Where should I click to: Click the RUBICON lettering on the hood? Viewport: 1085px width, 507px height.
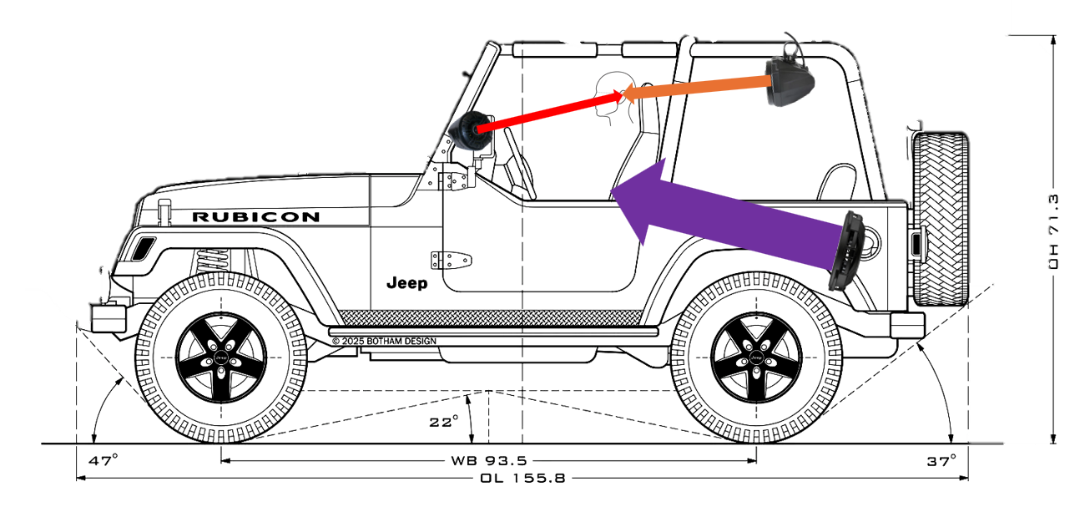[x=255, y=217]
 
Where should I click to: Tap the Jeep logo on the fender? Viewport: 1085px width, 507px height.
[x=406, y=283]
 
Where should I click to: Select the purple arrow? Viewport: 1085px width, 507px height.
[x=726, y=210]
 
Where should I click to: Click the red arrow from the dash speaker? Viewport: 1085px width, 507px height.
[x=551, y=112]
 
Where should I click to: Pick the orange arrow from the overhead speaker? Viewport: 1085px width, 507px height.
[x=697, y=88]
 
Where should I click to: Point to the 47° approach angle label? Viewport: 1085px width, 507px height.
[x=103, y=459]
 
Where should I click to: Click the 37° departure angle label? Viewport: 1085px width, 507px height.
[x=941, y=459]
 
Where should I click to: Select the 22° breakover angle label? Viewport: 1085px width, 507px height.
[x=444, y=422]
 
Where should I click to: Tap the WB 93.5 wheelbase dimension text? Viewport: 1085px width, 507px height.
[x=488, y=460]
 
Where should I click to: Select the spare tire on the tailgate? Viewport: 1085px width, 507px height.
[x=941, y=219]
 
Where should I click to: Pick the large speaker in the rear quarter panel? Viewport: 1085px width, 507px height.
[x=847, y=251]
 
